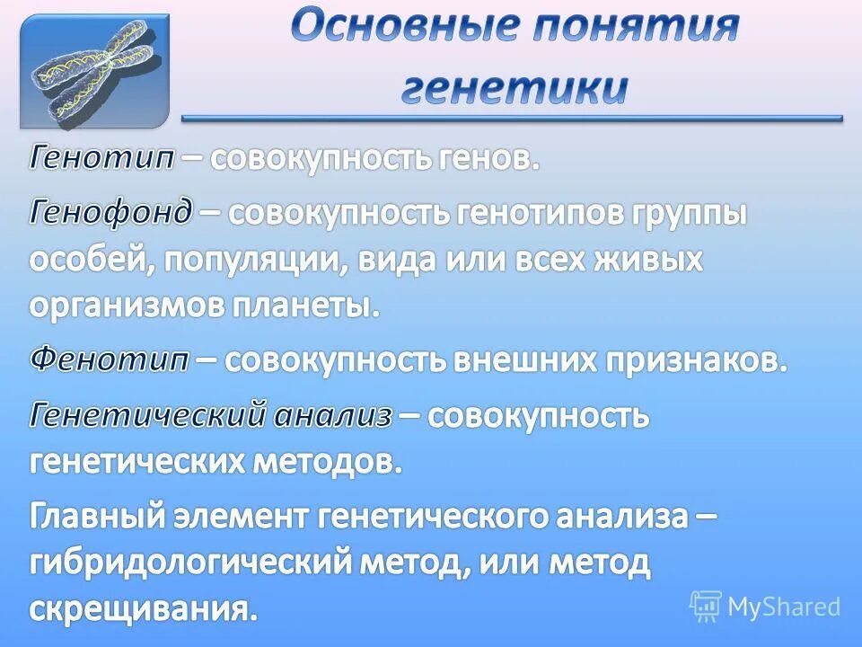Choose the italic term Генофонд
[111, 213]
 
